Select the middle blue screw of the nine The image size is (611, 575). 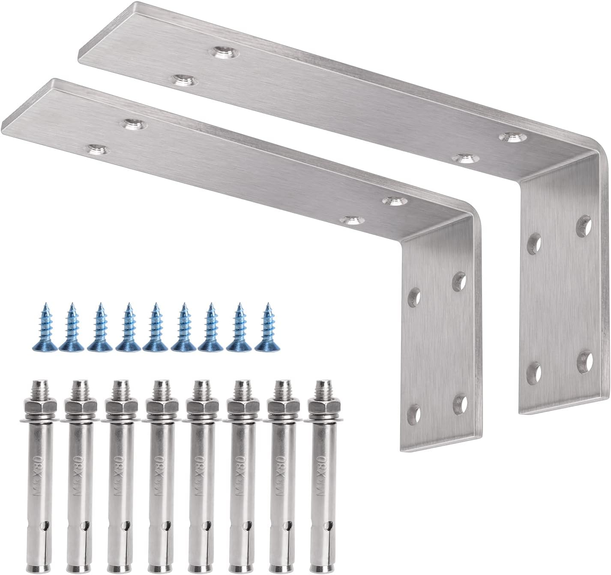(156, 328)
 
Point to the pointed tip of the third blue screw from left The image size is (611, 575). (100, 305)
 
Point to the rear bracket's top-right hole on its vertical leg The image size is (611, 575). (583, 226)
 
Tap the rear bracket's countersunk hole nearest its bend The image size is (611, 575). (512, 137)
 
